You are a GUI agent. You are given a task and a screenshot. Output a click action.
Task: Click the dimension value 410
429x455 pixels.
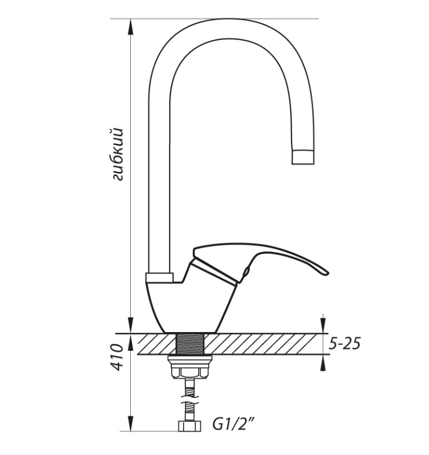point(118,357)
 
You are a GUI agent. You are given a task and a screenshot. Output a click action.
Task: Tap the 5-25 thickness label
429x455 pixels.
point(344,344)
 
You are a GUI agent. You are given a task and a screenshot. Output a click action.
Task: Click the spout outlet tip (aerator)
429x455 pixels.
point(303,157)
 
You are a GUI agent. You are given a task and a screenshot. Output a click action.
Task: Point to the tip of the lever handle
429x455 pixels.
point(327,273)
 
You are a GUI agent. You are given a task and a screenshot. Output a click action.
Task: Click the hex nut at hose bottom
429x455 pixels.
point(189,426)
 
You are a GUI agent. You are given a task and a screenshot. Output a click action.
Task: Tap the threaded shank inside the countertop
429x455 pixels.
point(190,344)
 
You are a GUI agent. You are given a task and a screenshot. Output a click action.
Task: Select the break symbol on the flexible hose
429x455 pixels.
point(189,399)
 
